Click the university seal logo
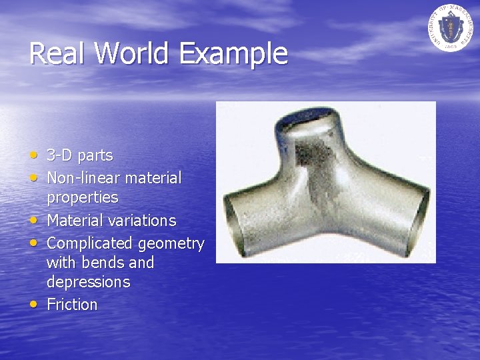point(450,27)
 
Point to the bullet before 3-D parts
point(34,155)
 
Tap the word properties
point(82,198)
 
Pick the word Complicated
point(90,243)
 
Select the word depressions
point(88,282)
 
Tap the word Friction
point(72,305)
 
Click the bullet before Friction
point(34,304)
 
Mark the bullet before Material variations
point(34,219)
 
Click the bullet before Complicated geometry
point(34,243)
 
